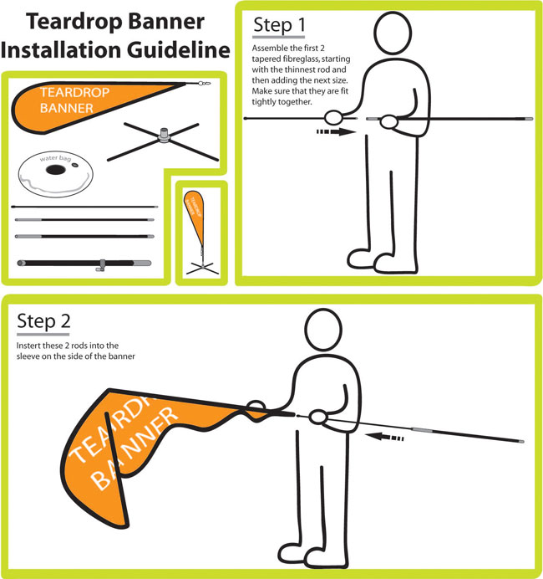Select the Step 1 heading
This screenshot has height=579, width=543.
click(x=278, y=27)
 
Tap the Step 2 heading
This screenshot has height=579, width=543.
click(x=44, y=320)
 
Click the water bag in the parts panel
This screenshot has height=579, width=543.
click(x=57, y=172)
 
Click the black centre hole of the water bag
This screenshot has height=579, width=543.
click(x=57, y=170)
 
